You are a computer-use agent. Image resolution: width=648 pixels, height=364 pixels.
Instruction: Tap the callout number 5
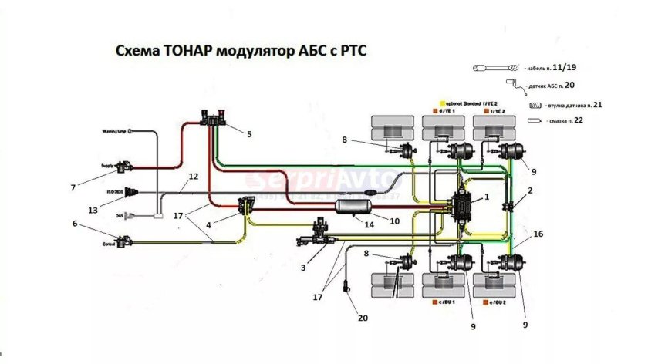[249, 134]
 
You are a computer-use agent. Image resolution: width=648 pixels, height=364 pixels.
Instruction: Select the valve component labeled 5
[211, 119]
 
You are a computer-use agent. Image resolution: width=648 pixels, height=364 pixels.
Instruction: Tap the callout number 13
[94, 209]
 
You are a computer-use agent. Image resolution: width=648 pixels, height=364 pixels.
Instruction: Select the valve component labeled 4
[248, 206]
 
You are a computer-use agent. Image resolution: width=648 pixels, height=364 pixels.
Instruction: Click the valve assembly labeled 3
[319, 233]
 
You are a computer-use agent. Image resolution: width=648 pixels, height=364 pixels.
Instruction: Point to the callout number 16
[537, 232]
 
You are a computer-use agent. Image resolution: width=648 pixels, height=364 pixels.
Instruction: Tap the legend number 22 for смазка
[579, 122]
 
